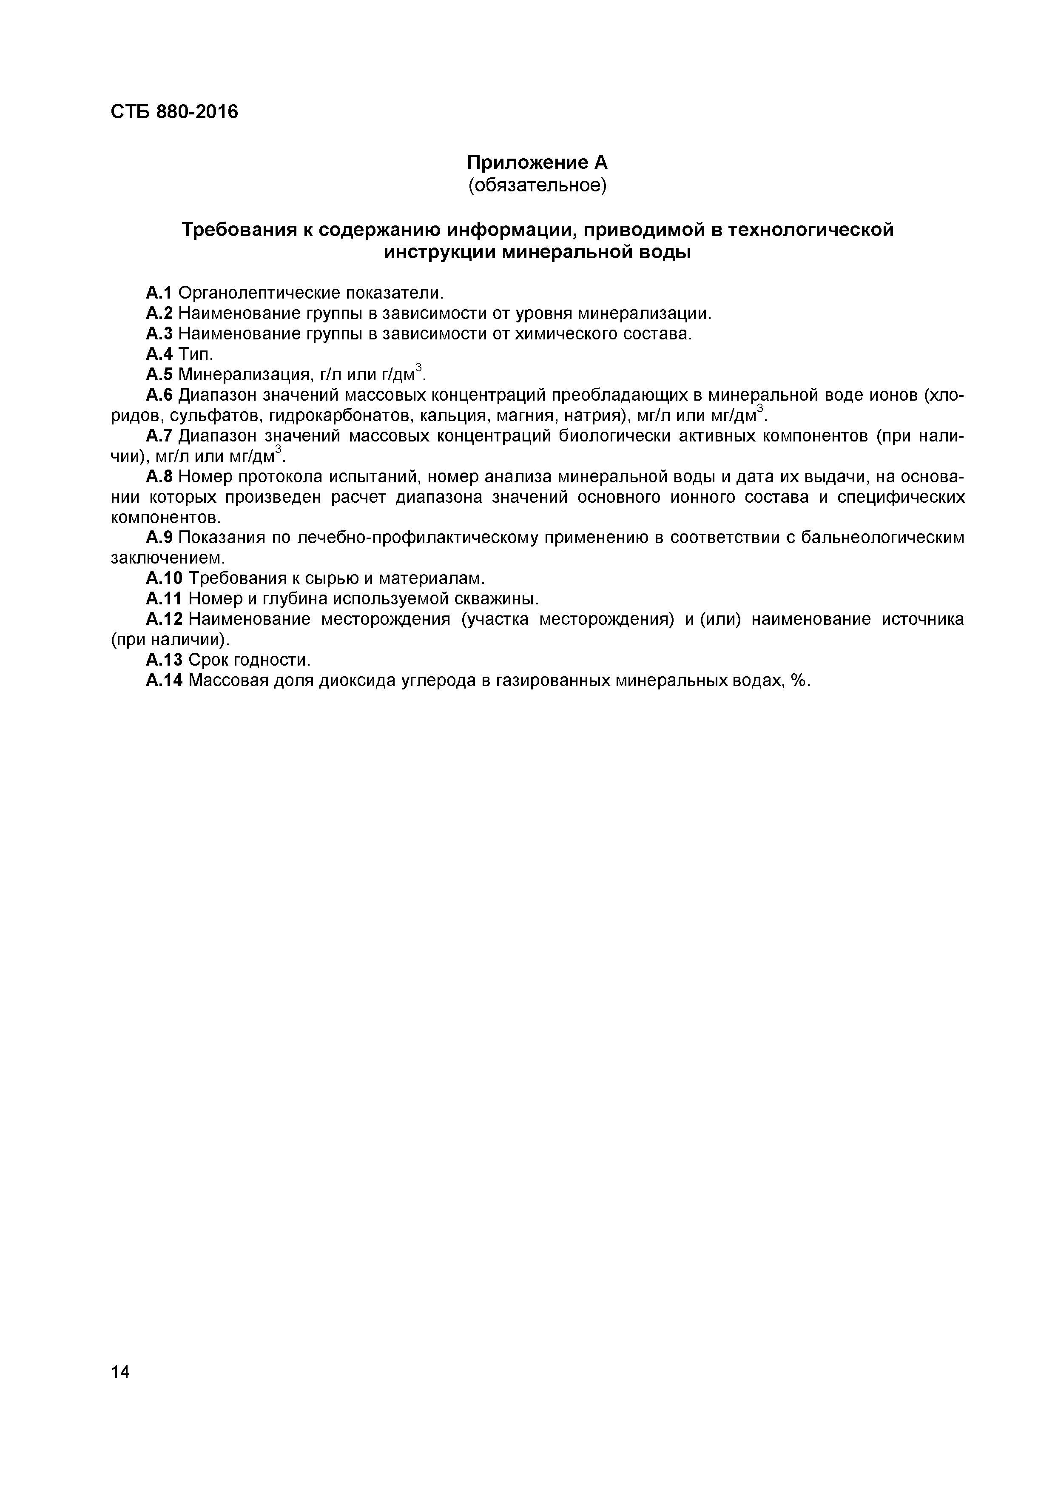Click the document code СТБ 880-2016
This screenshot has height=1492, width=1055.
[174, 112]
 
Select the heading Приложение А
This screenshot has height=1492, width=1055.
[537, 162]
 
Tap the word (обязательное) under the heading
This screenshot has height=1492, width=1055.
[537, 186]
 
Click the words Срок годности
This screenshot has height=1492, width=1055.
[250, 660]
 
